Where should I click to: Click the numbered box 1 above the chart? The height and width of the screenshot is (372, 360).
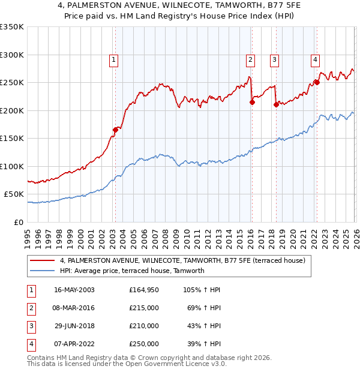pyautogui.click(x=113, y=59)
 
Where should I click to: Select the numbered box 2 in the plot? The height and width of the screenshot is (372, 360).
pyautogui.click(x=250, y=59)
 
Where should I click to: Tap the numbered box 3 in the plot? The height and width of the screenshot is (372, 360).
pyautogui.click(x=274, y=59)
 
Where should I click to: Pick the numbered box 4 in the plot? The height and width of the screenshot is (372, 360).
pyautogui.click(x=314, y=59)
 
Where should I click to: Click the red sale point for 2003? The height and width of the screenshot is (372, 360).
pyautogui.click(x=115, y=129)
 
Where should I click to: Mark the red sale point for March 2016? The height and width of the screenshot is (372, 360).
pyautogui.click(x=252, y=102)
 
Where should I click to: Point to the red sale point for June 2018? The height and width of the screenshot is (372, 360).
pyautogui.click(x=276, y=104)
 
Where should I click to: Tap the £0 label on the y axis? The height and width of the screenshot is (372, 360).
pyautogui.click(x=18, y=223)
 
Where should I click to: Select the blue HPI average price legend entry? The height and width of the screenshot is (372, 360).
pyautogui.click(x=132, y=271)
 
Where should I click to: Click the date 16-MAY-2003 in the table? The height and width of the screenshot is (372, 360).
pyautogui.click(x=74, y=290)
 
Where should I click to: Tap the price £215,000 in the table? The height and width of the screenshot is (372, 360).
pyautogui.click(x=144, y=308)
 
